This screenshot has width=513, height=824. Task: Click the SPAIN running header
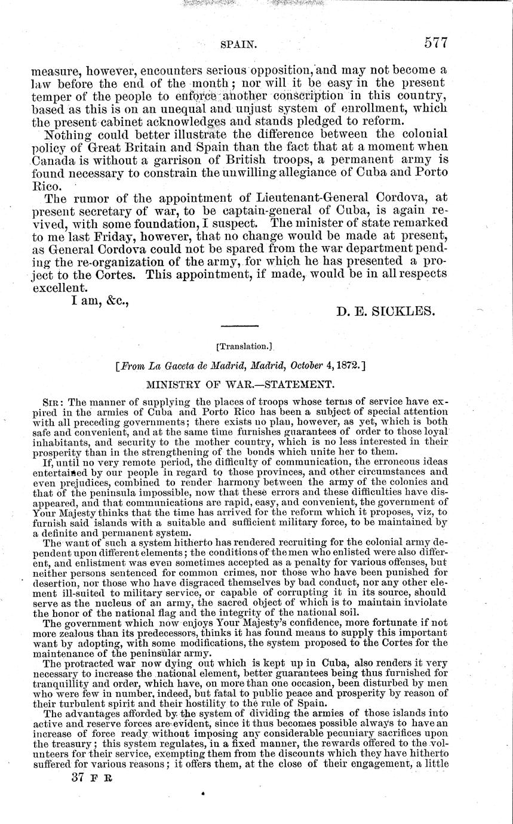pos(238,44)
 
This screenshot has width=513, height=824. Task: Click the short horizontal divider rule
pos(239,326)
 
